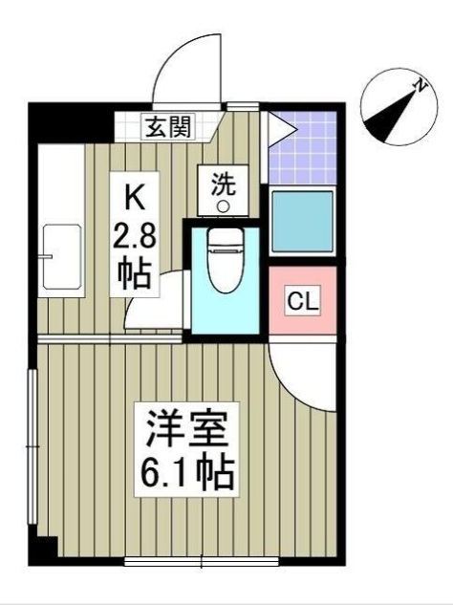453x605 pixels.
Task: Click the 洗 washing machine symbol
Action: pyautogui.click(x=222, y=182)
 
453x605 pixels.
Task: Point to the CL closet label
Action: pyautogui.click(x=303, y=304)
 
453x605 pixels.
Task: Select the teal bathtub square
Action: pyautogui.click(x=303, y=222)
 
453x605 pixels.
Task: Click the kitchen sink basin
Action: pyautogui.click(x=62, y=258)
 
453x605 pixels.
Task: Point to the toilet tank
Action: pyautogui.click(x=224, y=238)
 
